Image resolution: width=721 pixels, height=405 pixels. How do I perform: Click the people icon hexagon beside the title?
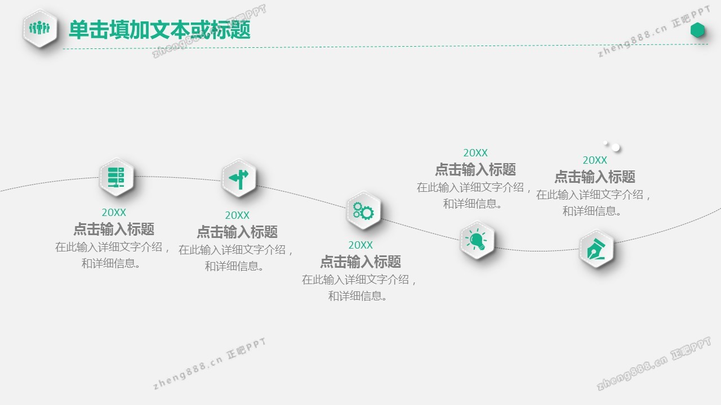(40, 28)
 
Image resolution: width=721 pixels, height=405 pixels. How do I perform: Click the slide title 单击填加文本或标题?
(159, 30)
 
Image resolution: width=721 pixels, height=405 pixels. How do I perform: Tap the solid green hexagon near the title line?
(697, 30)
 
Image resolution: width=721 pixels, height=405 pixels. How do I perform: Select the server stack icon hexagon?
(116, 177)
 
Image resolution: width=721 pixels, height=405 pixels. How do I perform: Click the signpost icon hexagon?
(239, 178)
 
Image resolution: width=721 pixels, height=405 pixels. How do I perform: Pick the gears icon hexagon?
(364, 210)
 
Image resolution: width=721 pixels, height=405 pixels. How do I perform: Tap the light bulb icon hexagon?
(477, 240)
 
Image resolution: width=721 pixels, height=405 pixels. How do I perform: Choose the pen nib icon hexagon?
(597, 249)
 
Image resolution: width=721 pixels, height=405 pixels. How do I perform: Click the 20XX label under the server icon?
(114, 213)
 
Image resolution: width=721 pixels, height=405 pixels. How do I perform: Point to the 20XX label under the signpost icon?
(237, 215)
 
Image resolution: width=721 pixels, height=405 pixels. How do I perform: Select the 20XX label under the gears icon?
(360, 245)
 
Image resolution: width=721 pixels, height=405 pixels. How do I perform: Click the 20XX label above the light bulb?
(475, 152)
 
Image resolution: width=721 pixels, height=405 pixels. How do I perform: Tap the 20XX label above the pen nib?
(595, 160)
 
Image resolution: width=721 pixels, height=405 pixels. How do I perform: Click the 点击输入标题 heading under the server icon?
(114, 229)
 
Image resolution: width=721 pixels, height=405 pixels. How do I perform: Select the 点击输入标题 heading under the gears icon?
(360, 262)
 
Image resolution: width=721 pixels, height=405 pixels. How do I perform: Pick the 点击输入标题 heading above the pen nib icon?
(595, 177)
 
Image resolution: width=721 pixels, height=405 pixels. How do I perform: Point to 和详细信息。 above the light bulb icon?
(473, 204)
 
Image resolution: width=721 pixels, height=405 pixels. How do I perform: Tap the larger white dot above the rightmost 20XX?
(616, 147)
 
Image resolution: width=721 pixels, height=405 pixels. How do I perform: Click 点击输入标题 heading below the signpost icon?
(237, 232)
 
